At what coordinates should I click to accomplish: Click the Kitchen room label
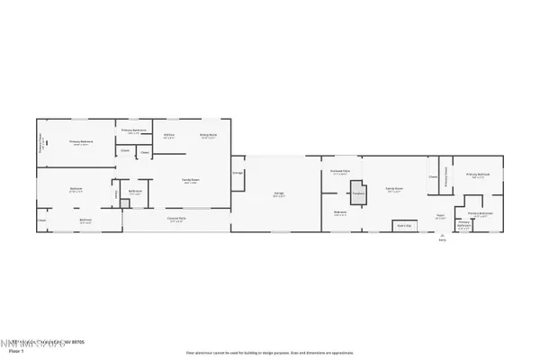coord(168,136)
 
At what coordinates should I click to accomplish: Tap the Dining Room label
coord(207,136)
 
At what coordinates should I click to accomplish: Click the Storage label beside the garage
coord(238,171)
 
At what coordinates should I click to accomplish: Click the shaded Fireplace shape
coord(357,193)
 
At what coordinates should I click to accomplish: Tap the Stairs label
coord(403,225)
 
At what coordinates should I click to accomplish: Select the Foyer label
coord(440,216)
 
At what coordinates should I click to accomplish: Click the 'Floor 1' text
coord(13,351)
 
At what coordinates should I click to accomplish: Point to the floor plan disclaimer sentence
coord(270,352)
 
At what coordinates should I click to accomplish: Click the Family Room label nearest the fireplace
coord(394,189)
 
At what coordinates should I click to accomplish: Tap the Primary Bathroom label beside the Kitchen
coord(133,131)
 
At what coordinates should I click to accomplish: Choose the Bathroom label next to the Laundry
coord(133,192)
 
